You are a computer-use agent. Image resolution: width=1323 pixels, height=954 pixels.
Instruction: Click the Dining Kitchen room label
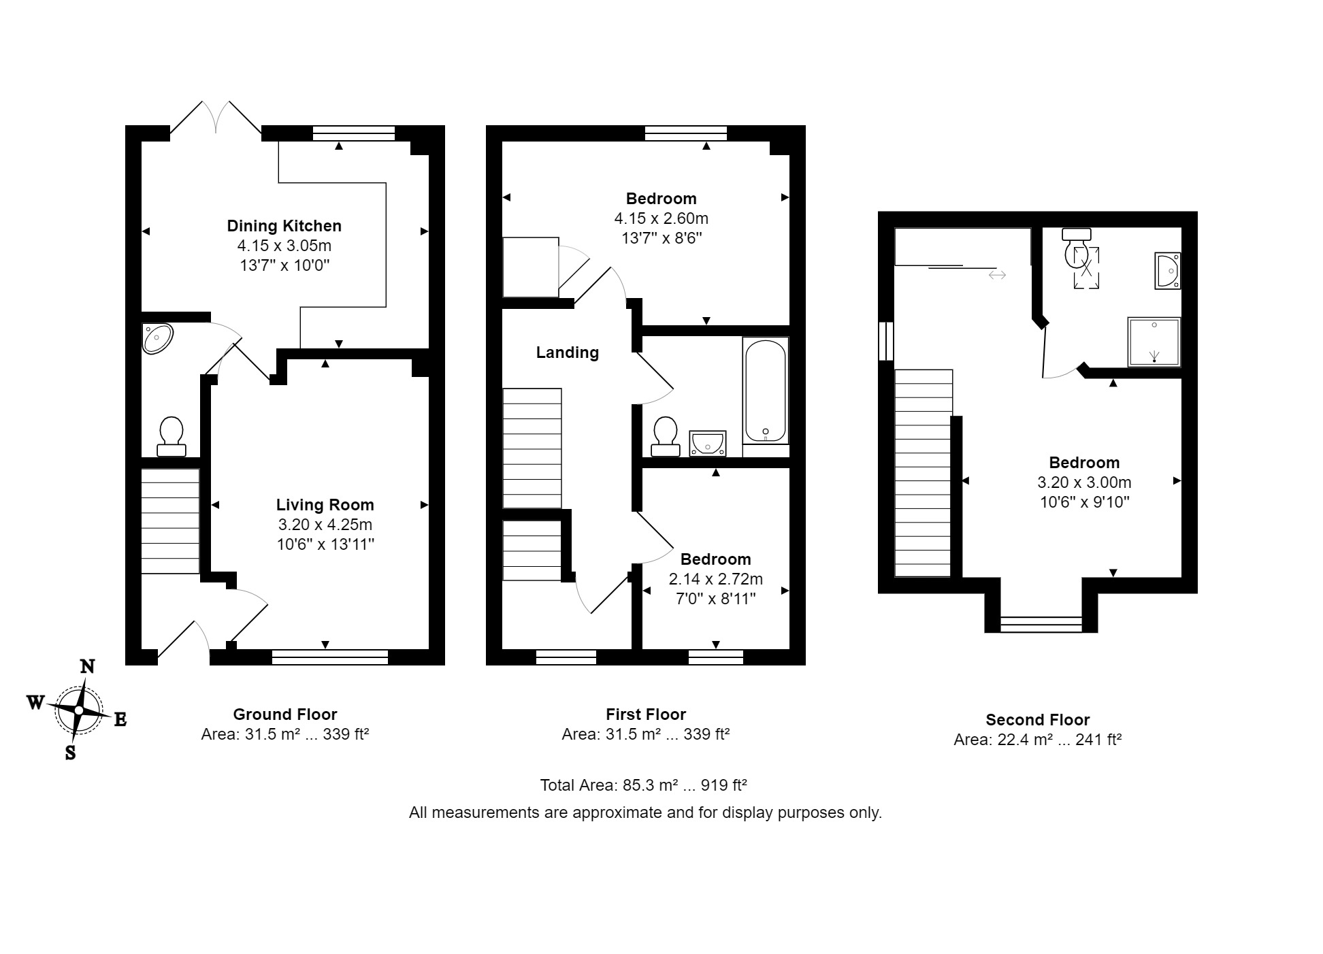coord(284,226)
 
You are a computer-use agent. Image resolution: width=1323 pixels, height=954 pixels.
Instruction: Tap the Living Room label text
coord(325,505)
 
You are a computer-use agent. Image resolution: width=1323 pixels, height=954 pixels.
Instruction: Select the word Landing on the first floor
coord(568,352)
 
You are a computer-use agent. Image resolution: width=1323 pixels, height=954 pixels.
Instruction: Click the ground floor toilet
coord(171,437)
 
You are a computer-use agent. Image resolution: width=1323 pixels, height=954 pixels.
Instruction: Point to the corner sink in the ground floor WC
coord(157,338)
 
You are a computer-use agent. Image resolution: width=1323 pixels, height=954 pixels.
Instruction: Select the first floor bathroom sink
coord(708,442)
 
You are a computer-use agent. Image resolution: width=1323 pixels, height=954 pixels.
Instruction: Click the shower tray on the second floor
coord(1154,342)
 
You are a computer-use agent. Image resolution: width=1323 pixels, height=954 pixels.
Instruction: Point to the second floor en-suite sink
coord(1168,271)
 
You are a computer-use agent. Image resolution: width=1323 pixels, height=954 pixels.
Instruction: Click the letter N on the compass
coord(87,667)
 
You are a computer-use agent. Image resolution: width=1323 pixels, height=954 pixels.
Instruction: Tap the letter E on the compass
coord(120,719)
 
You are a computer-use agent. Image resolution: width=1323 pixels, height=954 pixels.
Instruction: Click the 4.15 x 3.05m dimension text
coord(284,246)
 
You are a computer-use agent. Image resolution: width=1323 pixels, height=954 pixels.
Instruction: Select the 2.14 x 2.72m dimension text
coord(716,579)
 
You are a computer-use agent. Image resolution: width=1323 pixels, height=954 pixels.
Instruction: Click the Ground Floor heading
coord(285,714)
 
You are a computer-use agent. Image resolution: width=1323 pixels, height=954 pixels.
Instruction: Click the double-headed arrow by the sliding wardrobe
coord(997,275)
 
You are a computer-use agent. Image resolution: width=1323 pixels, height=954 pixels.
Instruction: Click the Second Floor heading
coord(1038,720)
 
